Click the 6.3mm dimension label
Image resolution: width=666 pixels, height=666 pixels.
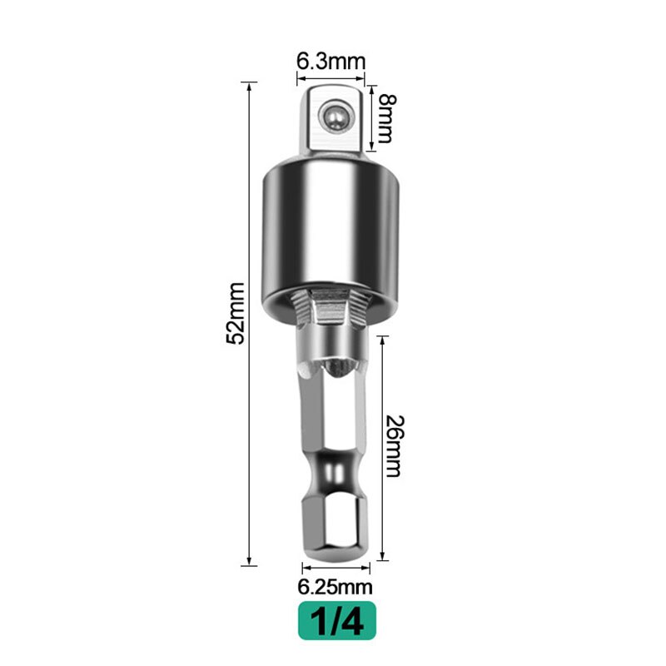tap(331, 60)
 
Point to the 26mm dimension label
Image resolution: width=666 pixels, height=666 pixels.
tap(395, 446)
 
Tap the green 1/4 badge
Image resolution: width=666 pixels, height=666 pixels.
tap(337, 619)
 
